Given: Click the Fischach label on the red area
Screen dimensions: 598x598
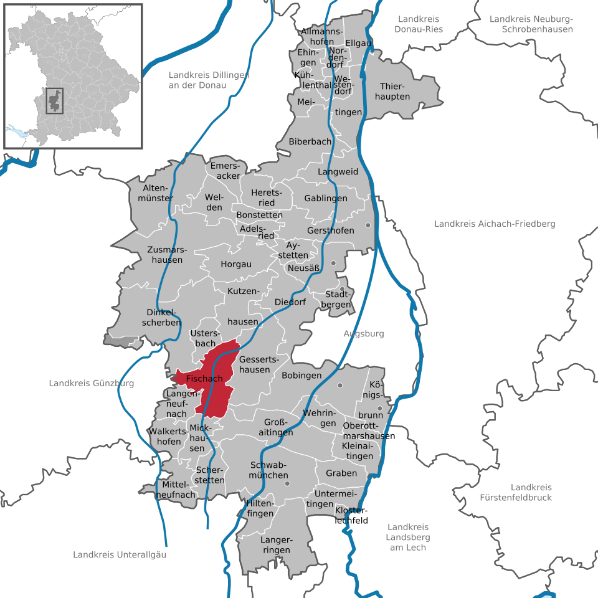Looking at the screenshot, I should click(204, 379).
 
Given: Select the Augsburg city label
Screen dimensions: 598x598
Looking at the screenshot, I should click(364, 334).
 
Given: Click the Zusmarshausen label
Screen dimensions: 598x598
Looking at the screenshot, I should click(165, 255).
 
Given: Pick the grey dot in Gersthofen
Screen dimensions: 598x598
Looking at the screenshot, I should click(368, 225).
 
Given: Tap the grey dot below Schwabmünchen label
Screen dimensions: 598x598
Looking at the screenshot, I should click(287, 483).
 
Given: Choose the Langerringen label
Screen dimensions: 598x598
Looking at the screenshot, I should click(276, 545).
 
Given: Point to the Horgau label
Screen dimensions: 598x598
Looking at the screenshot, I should click(236, 264).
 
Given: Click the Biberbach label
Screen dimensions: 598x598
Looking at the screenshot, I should click(310, 142).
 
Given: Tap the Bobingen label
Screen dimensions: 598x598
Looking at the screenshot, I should click(301, 376).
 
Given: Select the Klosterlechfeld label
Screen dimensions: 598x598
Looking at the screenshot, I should click(351, 515).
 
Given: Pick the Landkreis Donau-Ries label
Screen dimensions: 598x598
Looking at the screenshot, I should click(419, 24).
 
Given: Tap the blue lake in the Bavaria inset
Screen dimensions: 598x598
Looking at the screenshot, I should click(18, 132).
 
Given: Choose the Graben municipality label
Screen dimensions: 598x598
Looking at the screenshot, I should click(341, 473).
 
